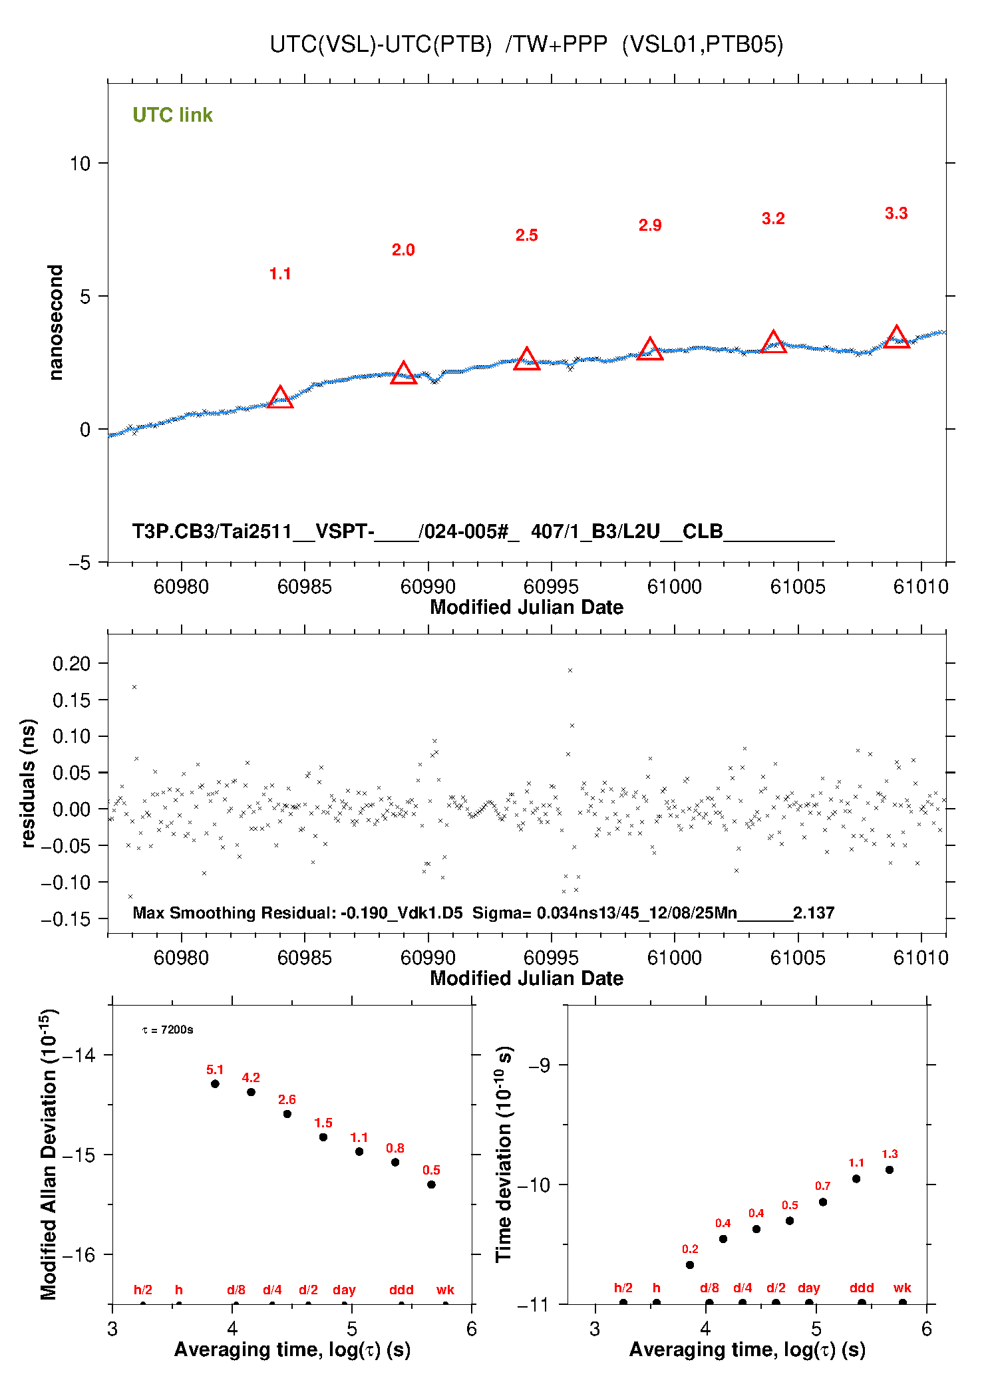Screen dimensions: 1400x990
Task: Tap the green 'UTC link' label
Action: click(172, 115)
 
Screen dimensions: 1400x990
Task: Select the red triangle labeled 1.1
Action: click(280, 398)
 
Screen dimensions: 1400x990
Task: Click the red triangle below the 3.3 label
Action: click(896, 338)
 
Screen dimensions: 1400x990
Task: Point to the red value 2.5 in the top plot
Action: click(526, 235)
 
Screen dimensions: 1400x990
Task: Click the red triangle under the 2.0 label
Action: click(403, 374)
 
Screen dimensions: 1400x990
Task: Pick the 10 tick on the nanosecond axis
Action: click(80, 164)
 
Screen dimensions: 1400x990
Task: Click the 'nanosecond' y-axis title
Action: click(56, 323)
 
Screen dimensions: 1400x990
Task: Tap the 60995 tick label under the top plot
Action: click(551, 587)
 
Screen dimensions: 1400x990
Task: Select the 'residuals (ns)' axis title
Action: click(28, 783)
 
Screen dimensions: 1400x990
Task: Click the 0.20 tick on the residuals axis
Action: click(71, 663)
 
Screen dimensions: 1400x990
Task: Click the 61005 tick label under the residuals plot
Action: click(797, 958)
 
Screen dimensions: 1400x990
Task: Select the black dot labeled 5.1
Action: click(215, 1083)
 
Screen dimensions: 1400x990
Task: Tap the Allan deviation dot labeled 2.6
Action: click(287, 1113)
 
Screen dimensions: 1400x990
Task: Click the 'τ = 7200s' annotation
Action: click(168, 1030)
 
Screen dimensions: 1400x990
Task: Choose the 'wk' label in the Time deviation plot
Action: click(902, 1288)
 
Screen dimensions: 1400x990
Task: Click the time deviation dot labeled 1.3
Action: click(890, 1169)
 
